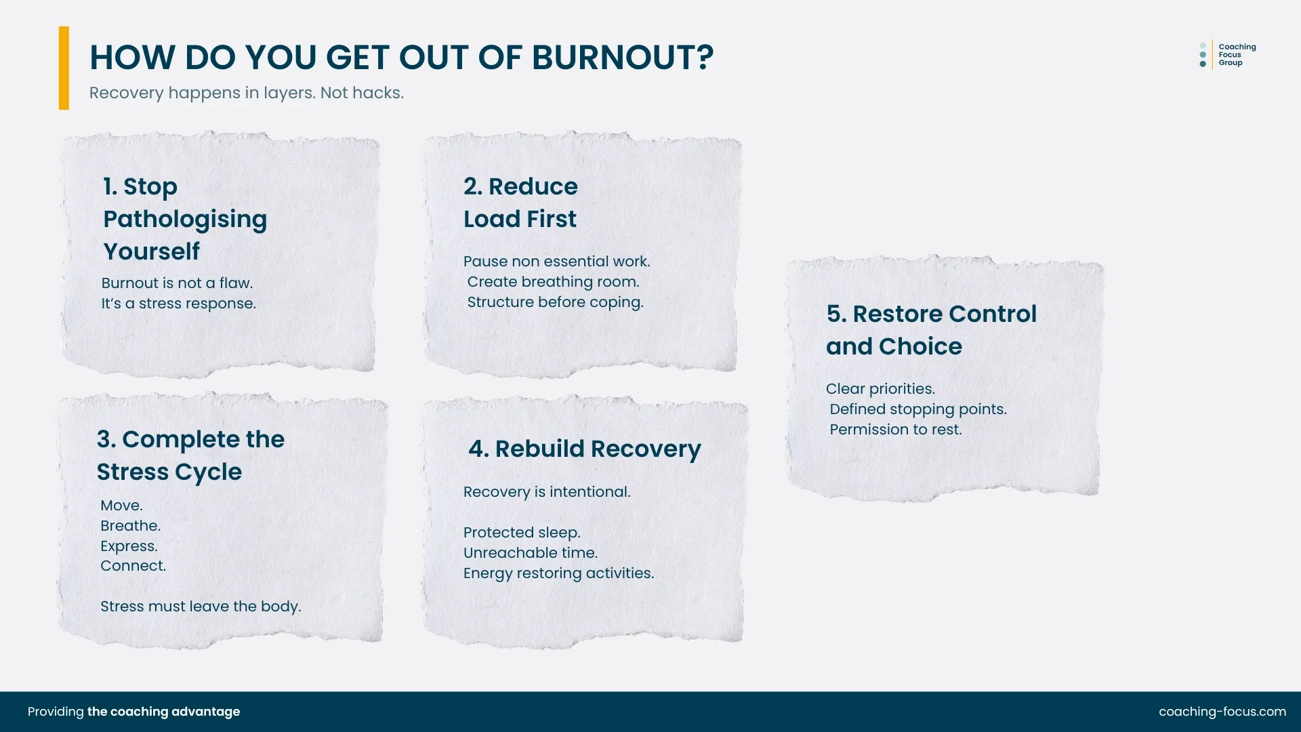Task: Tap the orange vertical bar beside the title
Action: point(64,68)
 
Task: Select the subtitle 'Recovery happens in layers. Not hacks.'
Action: point(246,93)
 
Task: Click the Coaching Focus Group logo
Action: point(1227,55)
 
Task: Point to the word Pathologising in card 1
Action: point(185,219)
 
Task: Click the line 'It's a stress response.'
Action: point(178,304)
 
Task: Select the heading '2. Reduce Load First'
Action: point(520,203)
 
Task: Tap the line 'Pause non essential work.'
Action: point(556,262)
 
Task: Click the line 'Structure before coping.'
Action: point(555,302)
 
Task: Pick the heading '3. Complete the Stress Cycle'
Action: point(190,455)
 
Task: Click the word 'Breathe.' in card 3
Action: point(130,526)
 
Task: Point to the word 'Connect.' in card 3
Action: point(133,566)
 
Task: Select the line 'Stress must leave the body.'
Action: point(201,607)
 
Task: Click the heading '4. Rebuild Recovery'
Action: point(584,449)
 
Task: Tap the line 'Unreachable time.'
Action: point(530,553)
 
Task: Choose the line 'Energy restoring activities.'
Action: point(558,573)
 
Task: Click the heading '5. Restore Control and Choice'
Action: point(931,330)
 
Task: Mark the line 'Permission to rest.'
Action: point(896,430)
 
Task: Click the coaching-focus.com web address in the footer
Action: point(1222,712)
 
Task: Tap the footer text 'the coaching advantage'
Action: point(163,712)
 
